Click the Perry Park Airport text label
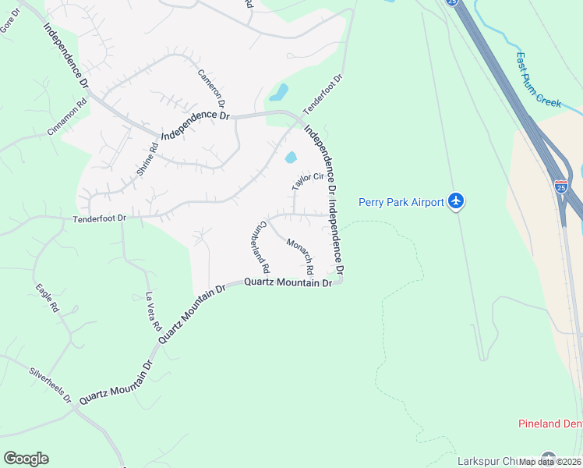[x=401, y=202]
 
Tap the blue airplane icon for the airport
[x=457, y=202]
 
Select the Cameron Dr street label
[x=210, y=88]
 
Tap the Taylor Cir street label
[x=308, y=182]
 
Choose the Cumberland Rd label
[x=260, y=245]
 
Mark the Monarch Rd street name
[x=299, y=255]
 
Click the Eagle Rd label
[x=47, y=297]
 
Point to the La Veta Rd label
[x=153, y=311]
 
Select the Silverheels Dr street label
[x=51, y=385]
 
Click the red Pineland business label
[x=550, y=424]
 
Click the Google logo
[x=26, y=458]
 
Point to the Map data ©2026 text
[x=550, y=462]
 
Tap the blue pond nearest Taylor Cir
[x=291, y=158]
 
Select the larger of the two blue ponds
[x=278, y=93]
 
